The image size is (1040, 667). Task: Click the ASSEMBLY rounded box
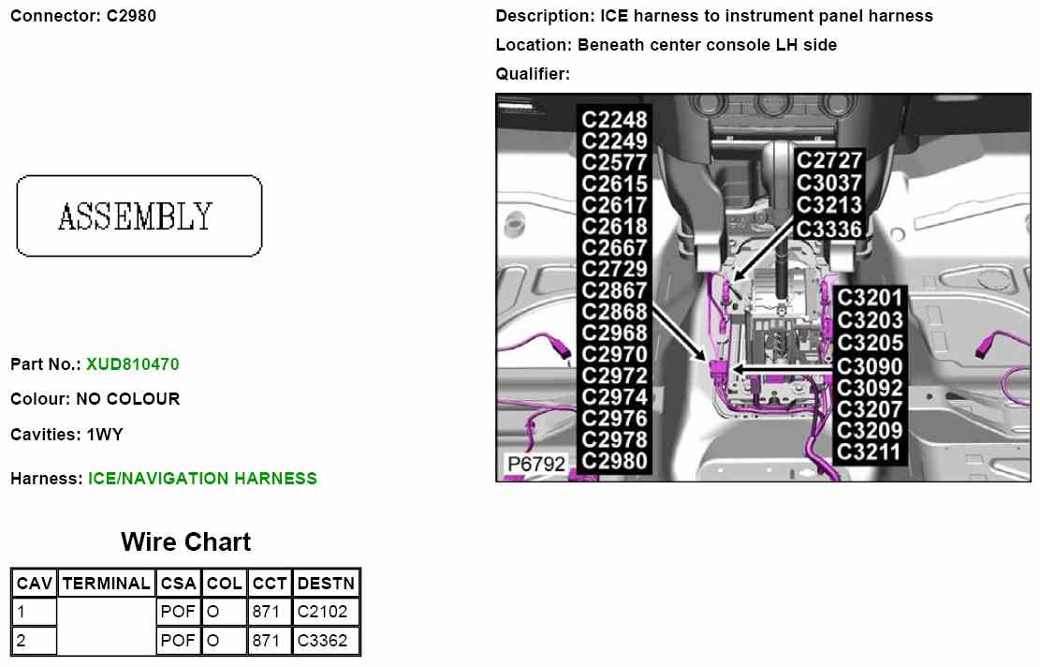[x=139, y=216]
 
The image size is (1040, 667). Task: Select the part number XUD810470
[x=132, y=363]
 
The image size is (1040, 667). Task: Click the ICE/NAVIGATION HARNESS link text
[x=202, y=479]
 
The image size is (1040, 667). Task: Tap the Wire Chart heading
[x=185, y=542]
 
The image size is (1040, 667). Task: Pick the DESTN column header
[x=326, y=583]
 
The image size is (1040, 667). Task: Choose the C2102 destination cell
[x=322, y=612]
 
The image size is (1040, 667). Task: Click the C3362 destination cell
[x=322, y=641]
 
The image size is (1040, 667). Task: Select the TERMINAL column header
[x=106, y=583]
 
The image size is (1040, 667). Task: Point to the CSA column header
[x=178, y=583]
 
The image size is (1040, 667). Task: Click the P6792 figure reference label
[x=536, y=464]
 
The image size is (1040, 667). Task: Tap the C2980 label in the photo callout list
[x=614, y=461]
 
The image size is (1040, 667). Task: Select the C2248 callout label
[x=614, y=120]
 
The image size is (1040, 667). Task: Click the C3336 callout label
[x=828, y=228]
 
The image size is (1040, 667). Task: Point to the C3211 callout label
[x=870, y=452]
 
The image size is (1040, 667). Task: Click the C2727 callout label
[x=828, y=160]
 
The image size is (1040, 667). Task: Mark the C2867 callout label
[x=614, y=290]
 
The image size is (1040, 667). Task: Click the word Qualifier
[x=531, y=74]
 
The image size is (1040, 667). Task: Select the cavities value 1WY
[x=105, y=435]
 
